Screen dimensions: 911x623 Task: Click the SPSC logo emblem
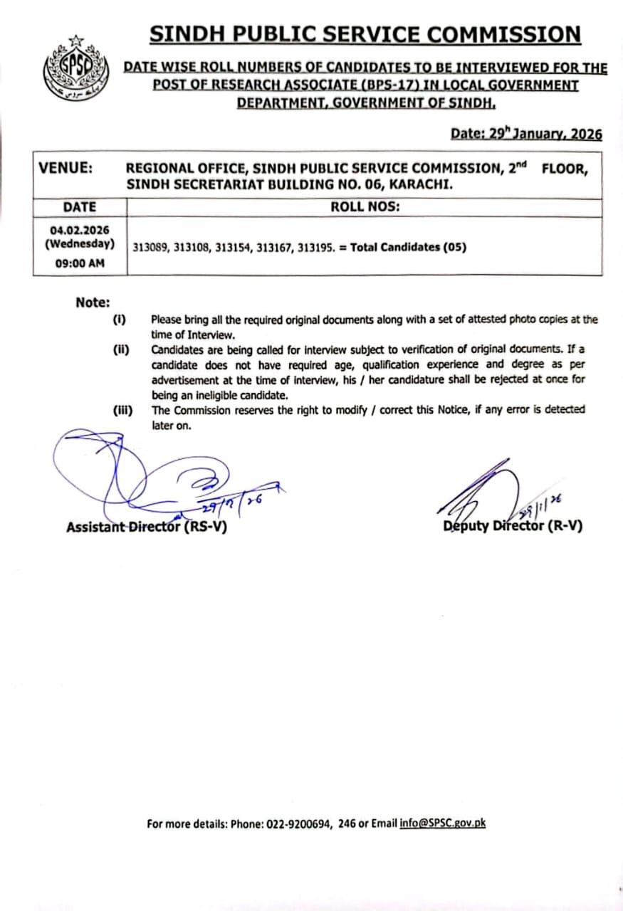point(75,67)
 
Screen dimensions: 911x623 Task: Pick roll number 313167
point(270,248)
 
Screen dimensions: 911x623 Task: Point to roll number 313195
point(310,248)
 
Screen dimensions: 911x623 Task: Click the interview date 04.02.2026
point(79,230)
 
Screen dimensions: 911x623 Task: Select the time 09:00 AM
point(79,262)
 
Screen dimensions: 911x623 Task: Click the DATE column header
point(79,207)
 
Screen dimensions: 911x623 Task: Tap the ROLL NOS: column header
point(365,207)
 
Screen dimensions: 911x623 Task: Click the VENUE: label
point(65,169)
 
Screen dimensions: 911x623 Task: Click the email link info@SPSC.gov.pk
point(442,823)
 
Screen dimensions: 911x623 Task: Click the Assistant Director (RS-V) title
point(147,527)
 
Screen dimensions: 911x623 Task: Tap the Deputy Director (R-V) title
point(513,527)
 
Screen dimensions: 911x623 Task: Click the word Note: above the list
point(93,302)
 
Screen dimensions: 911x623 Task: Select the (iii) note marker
point(122,410)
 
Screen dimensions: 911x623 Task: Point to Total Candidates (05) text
point(408,248)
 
